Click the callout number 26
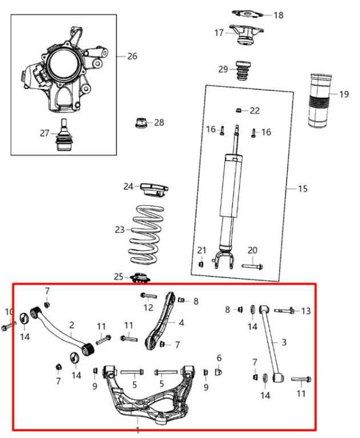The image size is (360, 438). coord(132,56)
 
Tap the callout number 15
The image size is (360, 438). coord(302,188)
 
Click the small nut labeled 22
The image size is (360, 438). coord(238,110)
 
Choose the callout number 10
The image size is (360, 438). coord(9,312)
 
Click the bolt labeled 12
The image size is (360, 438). coord(149,296)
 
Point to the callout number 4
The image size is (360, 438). coord(181,323)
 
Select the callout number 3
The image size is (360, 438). coord(284,342)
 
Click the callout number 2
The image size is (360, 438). coord(71,325)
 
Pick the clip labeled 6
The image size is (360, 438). coord(218,371)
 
